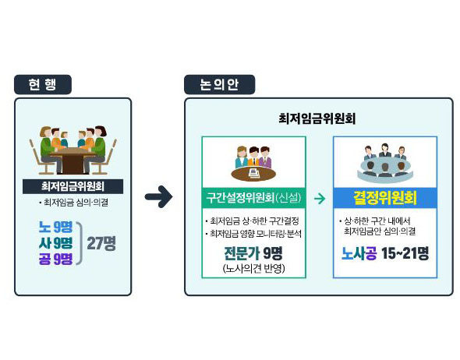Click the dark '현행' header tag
[x=43, y=84]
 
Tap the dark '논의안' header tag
[x=219, y=84]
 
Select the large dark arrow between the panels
[x=159, y=196]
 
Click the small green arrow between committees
[x=320, y=199]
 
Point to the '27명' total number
[x=101, y=243]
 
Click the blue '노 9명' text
[x=55, y=228]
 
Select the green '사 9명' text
[x=55, y=243]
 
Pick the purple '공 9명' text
[x=55, y=259]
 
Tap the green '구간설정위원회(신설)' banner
[x=253, y=198]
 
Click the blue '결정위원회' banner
[x=385, y=198]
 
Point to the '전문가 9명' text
[x=253, y=253]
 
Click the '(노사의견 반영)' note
[x=253, y=268]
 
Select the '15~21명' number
[x=405, y=253]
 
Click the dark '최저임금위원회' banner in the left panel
[x=73, y=186]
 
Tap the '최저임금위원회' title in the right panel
[x=317, y=118]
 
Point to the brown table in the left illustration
[x=73, y=160]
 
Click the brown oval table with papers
[x=253, y=174]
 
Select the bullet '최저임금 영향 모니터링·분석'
[x=253, y=234]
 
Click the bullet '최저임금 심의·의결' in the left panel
[x=73, y=203]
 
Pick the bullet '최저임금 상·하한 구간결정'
[x=253, y=221]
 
